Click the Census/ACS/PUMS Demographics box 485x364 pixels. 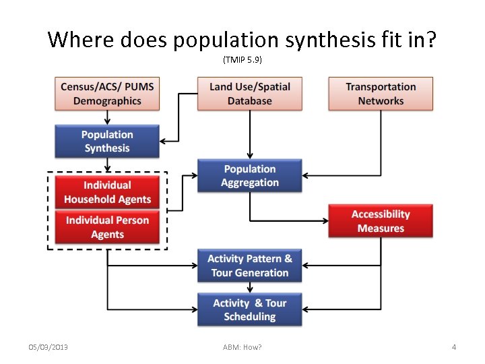(107, 94)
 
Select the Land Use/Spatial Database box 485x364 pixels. (249, 94)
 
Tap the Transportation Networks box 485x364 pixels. (381, 94)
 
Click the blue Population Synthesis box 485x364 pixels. (107, 142)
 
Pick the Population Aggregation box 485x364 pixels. (249, 176)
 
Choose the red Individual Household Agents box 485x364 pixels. (107, 192)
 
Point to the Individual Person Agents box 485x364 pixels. (107, 227)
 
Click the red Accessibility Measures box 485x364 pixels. (381, 221)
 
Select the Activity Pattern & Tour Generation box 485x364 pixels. (249, 266)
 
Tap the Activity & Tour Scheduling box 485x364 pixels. (249, 309)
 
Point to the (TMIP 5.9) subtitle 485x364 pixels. (243, 60)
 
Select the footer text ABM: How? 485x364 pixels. (243, 347)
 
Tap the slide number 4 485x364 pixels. (454, 347)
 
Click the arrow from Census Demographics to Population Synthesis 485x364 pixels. (107, 118)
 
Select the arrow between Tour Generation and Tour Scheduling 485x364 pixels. (249, 287)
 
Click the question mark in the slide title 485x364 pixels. (430, 40)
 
